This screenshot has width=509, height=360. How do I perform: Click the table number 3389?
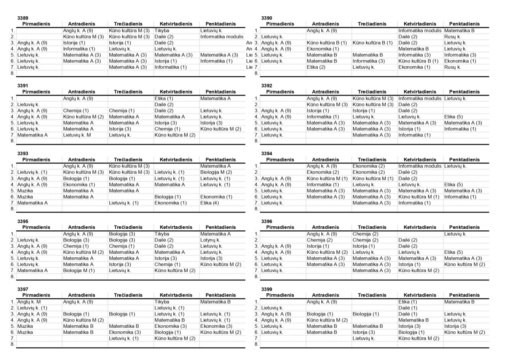[x=23, y=18]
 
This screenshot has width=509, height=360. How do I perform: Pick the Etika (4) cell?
[x=209, y=203]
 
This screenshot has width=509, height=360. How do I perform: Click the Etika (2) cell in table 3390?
[x=316, y=67]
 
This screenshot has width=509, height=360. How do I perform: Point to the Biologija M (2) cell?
[x=216, y=172]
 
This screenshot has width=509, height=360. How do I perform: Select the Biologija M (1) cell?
[x=79, y=270]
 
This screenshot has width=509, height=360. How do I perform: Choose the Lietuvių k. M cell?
[x=77, y=135]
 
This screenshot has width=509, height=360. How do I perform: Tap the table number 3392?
[x=266, y=86]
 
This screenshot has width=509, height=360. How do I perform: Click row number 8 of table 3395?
[x=13, y=276]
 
